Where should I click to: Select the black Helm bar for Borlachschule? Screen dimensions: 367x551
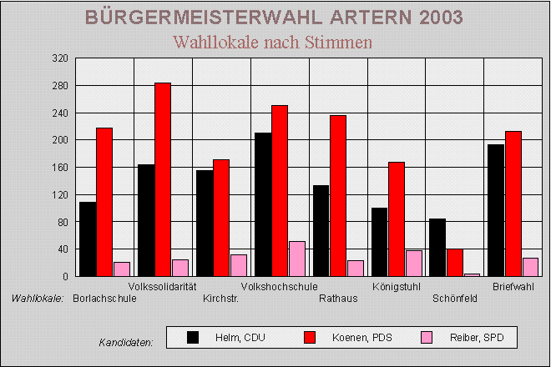(x=88, y=239)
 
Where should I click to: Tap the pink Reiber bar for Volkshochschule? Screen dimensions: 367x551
(x=296, y=259)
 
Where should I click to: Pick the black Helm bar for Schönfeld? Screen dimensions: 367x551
(x=437, y=247)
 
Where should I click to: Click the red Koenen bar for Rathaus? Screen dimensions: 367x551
(x=338, y=195)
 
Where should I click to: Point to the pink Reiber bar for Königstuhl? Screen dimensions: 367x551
(x=413, y=263)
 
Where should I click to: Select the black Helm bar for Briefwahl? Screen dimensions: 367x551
(x=496, y=210)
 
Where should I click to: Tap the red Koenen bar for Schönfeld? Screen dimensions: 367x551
(x=455, y=262)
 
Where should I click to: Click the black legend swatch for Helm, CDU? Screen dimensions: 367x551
(x=193, y=337)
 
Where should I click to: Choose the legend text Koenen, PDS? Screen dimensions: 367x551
(x=361, y=338)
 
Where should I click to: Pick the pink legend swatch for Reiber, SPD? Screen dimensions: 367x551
(x=427, y=337)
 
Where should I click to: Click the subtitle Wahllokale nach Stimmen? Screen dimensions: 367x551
(x=271, y=42)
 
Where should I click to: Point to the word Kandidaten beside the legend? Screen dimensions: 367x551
(x=126, y=343)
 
